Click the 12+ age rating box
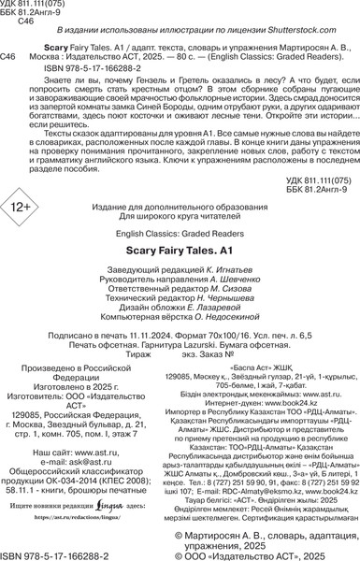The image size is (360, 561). pyautogui.click(x=36, y=229)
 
